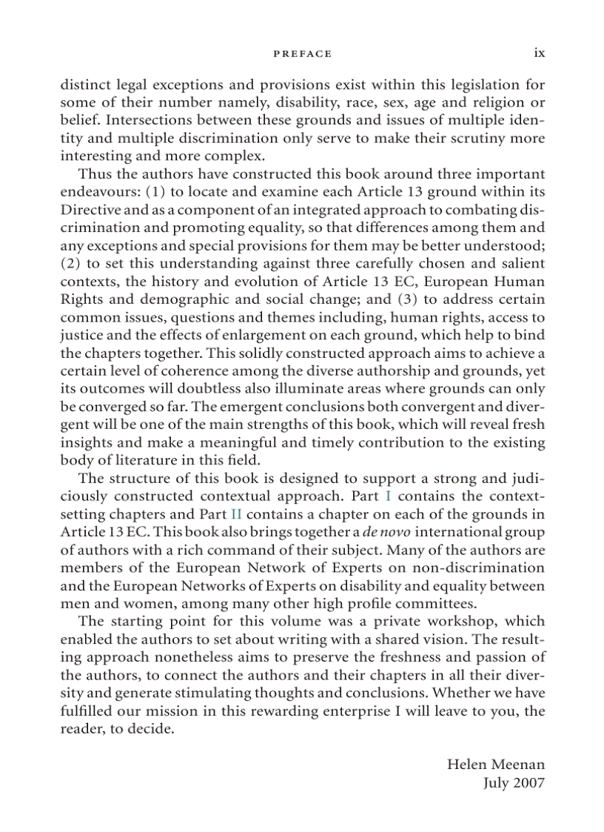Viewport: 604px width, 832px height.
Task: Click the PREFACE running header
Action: click(x=302, y=54)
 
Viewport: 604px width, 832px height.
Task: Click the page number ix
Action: click(x=540, y=53)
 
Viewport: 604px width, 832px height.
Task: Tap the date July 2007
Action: click(x=514, y=782)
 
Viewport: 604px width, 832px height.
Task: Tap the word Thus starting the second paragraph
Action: click(x=93, y=174)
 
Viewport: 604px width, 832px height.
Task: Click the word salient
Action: click(x=522, y=264)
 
